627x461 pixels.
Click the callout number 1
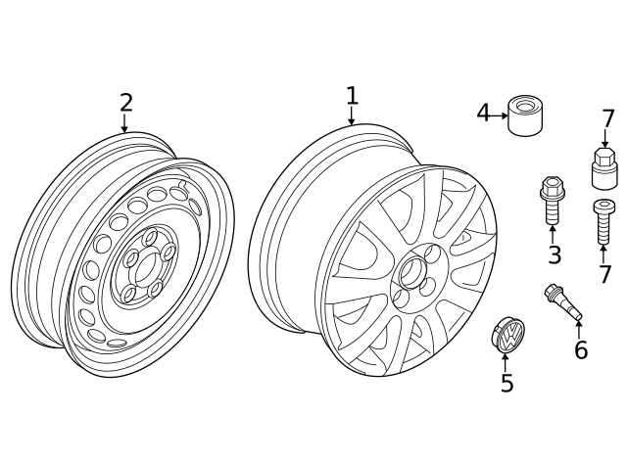(352, 96)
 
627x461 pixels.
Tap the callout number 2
(125, 102)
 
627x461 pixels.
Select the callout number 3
(555, 255)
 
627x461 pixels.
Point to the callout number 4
(483, 114)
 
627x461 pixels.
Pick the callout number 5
(506, 384)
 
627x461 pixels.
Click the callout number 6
(581, 349)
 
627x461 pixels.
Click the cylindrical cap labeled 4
(526, 116)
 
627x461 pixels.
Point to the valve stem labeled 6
(563, 300)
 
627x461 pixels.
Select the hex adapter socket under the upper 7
(604, 167)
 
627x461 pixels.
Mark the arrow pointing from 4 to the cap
(499, 115)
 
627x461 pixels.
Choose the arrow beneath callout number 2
(124, 123)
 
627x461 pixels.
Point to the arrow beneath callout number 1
(352, 116)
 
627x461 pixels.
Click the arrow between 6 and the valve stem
(579, 328)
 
